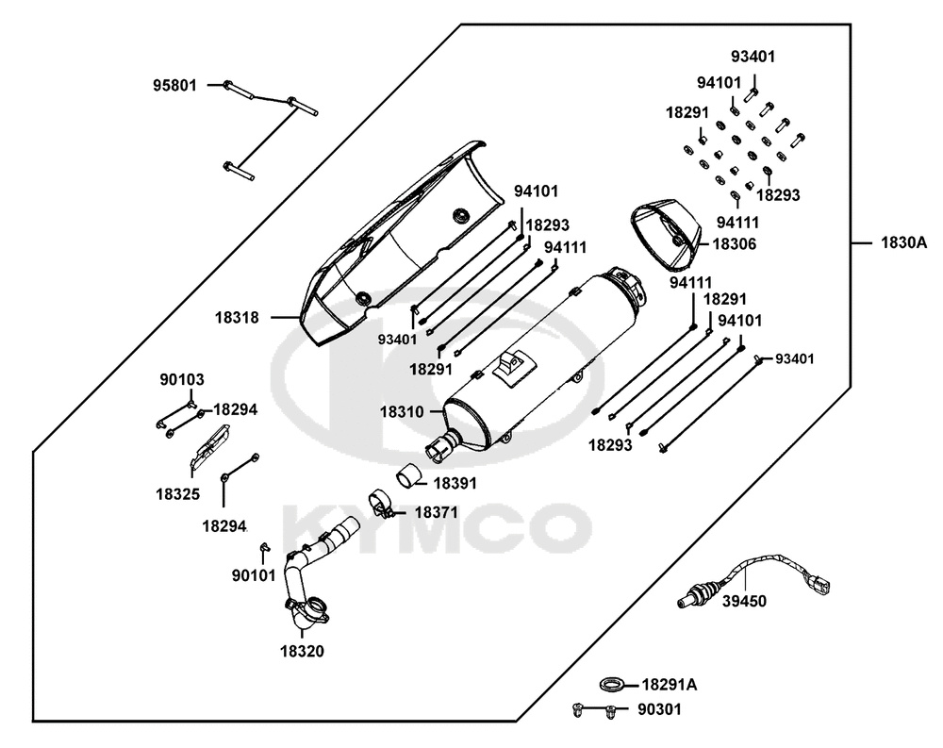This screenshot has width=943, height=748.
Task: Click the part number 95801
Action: pos(175,85)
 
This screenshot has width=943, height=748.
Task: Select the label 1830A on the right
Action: pos(904,242)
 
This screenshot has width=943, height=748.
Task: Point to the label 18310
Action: pos(402,411)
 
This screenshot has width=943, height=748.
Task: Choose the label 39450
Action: pos(744,600)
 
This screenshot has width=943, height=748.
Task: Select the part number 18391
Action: pos(455,482)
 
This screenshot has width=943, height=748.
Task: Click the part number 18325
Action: pos(178,492)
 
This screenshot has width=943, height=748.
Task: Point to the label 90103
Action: pos(181,380)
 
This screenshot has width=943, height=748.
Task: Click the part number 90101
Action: pos(255,574)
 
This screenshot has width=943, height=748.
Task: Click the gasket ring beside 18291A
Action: pos(611,683)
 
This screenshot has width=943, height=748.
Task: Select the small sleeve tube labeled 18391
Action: pos(407,477)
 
